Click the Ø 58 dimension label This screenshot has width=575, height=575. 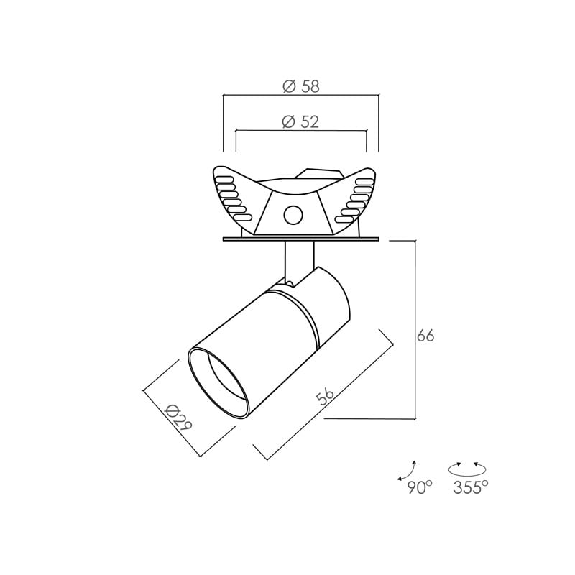point(301,86)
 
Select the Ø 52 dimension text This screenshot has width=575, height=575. point(300,121)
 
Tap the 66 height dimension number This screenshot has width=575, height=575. point(425,336)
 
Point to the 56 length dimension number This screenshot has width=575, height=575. point(326,397)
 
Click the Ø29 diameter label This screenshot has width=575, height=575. point(178,418)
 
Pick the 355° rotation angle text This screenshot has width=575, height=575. point(471,488)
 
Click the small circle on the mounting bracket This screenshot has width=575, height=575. point(293,214)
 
